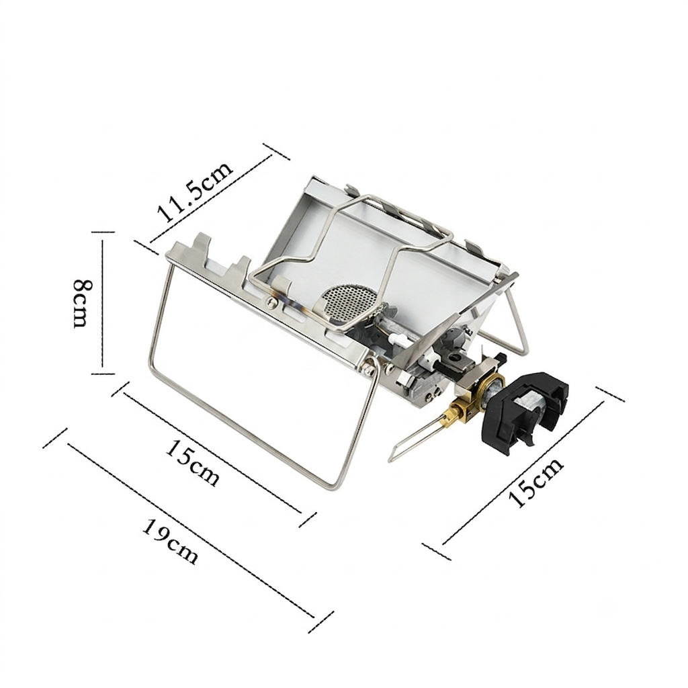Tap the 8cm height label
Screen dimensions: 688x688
point(83,303)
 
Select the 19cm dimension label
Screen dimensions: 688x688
point(171,541)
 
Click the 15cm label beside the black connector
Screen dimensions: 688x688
point(535,482)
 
